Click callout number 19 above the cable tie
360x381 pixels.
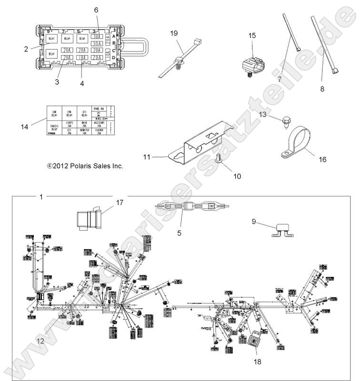174,33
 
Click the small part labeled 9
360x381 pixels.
281,230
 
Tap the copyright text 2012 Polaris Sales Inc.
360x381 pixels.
85,166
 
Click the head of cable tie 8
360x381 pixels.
336,70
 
